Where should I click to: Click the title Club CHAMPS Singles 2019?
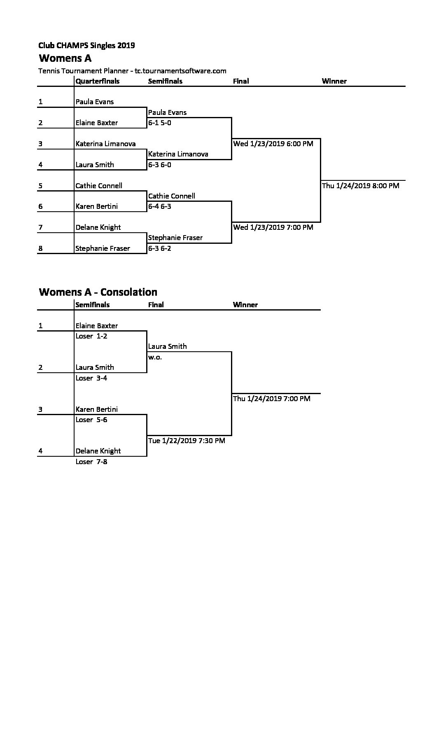point(86,45)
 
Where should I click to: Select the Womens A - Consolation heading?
point(98,292)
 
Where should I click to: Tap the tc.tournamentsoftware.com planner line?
point(132,71)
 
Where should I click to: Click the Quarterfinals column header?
point(98,81)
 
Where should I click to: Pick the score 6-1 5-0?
point(160,123)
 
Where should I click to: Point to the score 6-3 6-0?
point(160,165)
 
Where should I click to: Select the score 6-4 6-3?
point(160,206)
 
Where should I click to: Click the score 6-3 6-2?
point(160,248)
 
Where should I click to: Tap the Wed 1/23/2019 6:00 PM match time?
point(273,144)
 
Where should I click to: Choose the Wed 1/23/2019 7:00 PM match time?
point(273,227)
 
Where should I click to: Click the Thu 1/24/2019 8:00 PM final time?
point(361,186)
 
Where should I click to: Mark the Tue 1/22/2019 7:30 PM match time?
point(187,441)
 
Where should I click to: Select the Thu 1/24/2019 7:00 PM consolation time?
point(272,399)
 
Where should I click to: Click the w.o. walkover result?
point(155,357)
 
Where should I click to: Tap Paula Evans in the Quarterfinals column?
point(95,102)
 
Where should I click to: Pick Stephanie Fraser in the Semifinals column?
point(175,238)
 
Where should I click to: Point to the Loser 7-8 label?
point(91,462)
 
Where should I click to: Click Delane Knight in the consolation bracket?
point(98,451)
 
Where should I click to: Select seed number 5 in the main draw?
point(40,186)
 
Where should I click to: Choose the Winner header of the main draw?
point(334,81)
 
